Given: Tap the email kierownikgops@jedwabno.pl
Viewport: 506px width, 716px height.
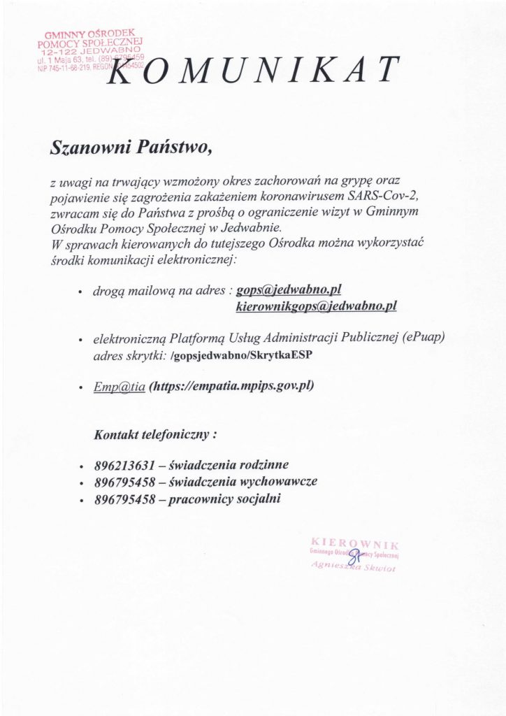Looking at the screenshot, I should pos(316,306).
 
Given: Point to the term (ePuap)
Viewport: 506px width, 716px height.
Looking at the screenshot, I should pos(424,338).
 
